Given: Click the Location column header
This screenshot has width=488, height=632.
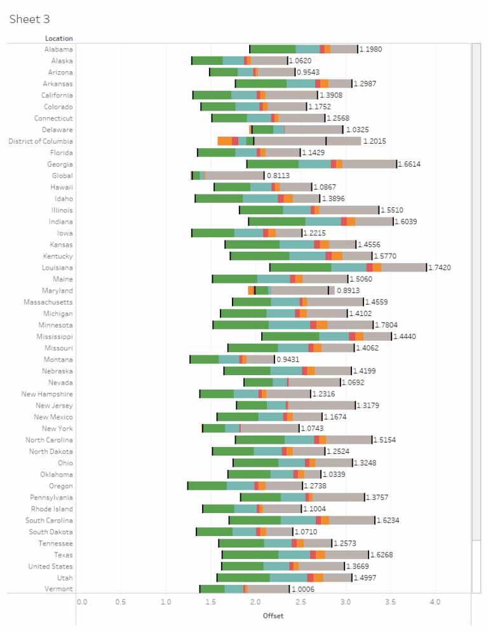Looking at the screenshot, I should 58,39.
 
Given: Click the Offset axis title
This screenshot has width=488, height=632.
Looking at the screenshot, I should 273,615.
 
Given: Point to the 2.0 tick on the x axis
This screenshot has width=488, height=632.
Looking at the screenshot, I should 255,601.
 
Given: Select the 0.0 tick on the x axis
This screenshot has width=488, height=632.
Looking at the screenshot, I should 81,601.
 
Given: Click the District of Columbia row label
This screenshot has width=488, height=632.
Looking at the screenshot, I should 40,141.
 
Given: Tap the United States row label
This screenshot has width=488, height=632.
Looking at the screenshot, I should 50,567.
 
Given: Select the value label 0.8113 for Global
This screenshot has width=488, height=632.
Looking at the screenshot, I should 279,175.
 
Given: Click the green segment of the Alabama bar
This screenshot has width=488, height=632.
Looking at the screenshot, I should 273,49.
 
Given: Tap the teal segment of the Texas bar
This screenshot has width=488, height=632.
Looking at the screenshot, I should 294,555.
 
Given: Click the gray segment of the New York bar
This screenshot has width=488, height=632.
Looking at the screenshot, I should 269,429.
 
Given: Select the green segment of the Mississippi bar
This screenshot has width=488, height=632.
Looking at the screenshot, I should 290,336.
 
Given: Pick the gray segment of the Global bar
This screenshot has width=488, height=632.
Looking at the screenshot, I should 234,175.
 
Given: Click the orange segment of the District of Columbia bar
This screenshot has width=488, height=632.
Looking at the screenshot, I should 224,141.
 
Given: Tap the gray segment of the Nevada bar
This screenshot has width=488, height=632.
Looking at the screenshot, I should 314,383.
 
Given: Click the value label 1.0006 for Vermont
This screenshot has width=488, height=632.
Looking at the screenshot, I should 304,589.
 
